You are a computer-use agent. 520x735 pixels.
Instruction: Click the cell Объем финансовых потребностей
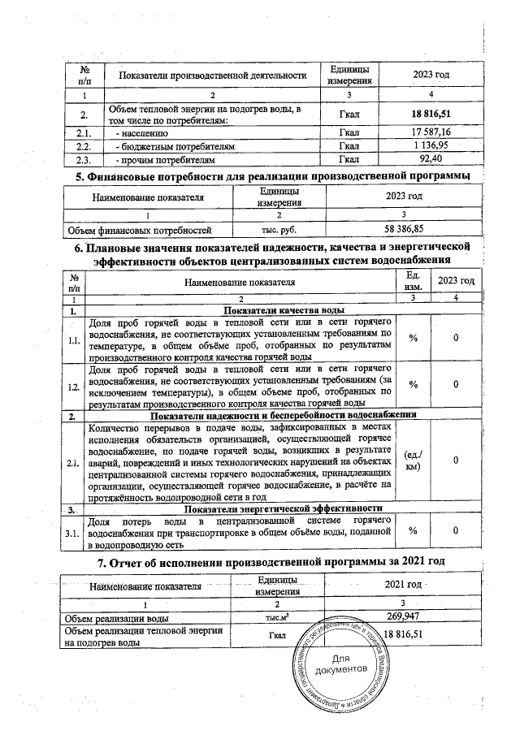(139, 231)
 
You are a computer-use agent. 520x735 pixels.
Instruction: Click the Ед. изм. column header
(412, 281)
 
